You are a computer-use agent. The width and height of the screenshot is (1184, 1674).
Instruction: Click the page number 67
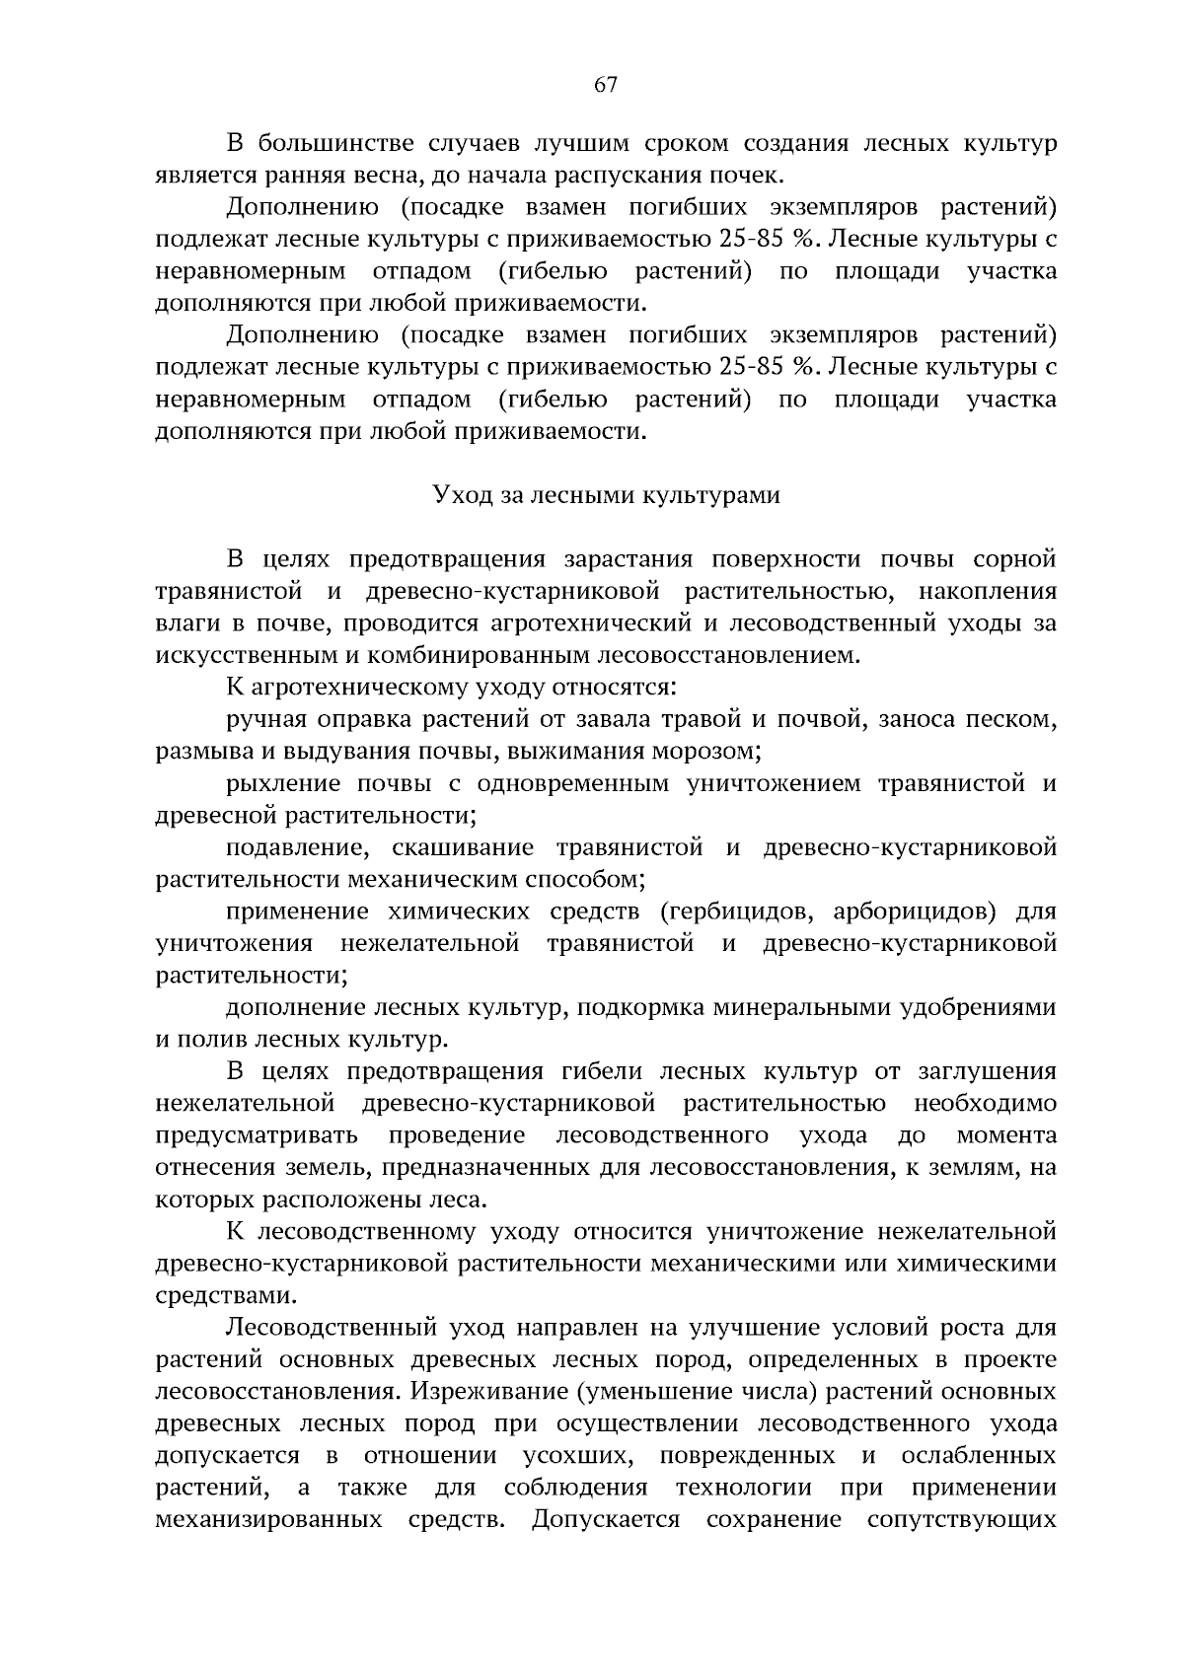click(x=605, y=85)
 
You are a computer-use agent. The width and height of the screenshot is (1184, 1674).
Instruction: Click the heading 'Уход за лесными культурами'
click(x=606, y=495)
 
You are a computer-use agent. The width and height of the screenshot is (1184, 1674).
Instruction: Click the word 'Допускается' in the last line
click(x=605, y=1520)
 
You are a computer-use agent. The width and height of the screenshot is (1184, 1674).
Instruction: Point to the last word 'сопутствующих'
click(x=961, y=1520)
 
